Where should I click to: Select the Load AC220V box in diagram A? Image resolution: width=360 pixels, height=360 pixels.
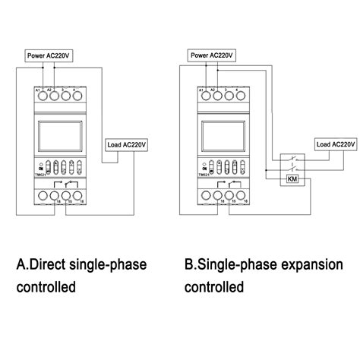[x=126, y=143]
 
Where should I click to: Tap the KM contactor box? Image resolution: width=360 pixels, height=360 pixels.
[x=292, y=178]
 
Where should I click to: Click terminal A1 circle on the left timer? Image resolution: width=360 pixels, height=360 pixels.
[x=40, y=97]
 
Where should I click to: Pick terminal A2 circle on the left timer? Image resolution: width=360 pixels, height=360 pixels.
[x=52, y=97]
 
